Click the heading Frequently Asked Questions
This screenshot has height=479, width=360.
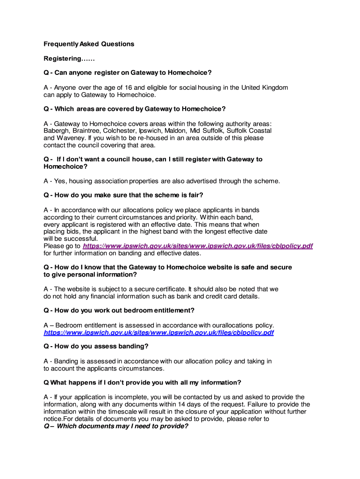pyautogui.click(x=89, y=44)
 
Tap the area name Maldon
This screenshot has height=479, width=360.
pyautogui.click(x=175, y=131)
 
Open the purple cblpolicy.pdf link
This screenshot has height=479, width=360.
pyautogui.click(x=197, y=246)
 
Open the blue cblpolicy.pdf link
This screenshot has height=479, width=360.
pyautogui.click(x=158, y=333)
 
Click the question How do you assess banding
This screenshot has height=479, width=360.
pyautogui.click(x=96, y=346)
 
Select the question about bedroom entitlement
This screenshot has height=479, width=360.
pyautogui.click(x=119, y=310)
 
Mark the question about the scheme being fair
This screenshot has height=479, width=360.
pyautogui.click(x=123, y=195)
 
